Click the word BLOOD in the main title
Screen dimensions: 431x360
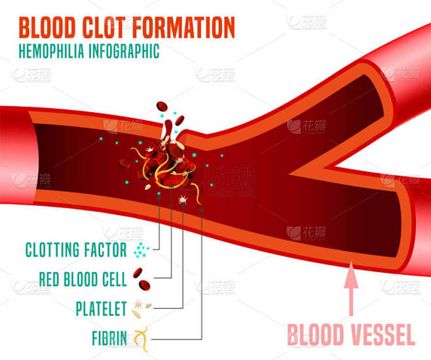[x=47, y=28]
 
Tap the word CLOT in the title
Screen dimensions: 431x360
[x=104, y=28]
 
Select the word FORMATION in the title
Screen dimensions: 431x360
[x=183, y=28]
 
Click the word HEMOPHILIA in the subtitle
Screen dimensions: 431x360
[x=51, y=50]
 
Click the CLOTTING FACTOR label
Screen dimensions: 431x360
[x=76, y=250]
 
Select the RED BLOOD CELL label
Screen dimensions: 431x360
[x=83, y=279]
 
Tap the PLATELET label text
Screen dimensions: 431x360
[x=101, y=309]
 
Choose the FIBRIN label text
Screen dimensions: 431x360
[x=109, y=338]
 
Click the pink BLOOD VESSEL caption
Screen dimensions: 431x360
[x=351, y=334]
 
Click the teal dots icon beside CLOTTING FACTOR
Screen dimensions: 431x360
[x=141, y=250]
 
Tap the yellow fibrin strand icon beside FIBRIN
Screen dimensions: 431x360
[x=141, y=338]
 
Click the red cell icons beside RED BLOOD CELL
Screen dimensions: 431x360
[x=141, y=279]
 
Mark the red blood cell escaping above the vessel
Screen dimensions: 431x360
[x=162, y=106]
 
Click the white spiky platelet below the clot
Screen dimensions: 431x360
[x=183, y=199]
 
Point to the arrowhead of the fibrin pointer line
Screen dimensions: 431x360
[x=202, y=209]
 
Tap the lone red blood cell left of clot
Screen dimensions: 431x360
[x=124, y=163]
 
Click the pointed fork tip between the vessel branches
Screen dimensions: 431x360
[x=290, y=174]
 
